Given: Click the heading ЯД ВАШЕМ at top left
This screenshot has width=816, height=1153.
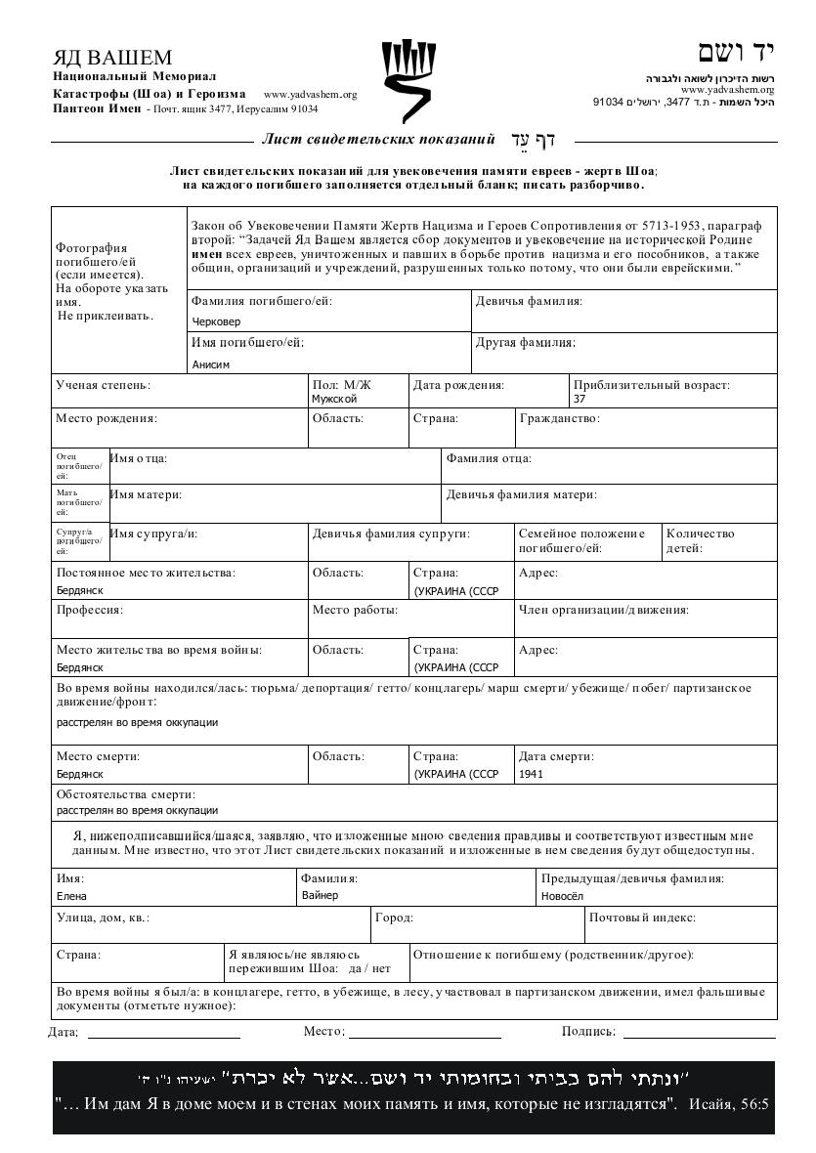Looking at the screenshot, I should click(x=112, y=58).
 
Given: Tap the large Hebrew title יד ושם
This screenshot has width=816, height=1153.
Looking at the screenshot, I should click(x=735, y=53).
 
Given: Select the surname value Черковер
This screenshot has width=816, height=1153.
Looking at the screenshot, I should click(x=217, y=320).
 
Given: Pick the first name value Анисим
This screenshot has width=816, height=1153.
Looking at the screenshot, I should click(x=211, y=364).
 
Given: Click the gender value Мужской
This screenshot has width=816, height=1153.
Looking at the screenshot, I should click(x=334, y=399).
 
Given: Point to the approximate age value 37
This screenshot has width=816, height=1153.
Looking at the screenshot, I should click(x=580, y=399).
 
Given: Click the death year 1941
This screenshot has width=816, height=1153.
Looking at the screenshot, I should click(x=532, y=774).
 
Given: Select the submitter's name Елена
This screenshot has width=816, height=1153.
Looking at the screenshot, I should click(x=71, y=896).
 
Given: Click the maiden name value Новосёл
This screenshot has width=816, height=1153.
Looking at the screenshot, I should click(x=562, y=896).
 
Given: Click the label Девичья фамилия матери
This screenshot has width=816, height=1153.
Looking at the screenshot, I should click(x=521, y=495).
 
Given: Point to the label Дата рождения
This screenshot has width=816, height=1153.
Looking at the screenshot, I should click(x=458, y=385).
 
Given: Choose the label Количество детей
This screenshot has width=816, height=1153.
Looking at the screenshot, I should click(x=700, y=540).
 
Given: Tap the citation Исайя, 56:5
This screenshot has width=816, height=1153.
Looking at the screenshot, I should click(x=729, y=1105).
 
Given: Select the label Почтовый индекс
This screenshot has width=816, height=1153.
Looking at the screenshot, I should click(x=642, y=918).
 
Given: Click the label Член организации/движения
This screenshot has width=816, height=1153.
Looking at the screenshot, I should click(x=603, y=610).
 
